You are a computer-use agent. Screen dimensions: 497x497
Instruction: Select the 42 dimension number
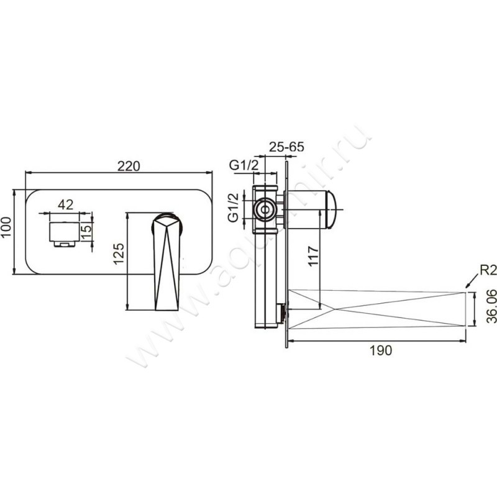[66, 204]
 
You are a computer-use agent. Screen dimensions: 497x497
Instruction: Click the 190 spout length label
[380, 350]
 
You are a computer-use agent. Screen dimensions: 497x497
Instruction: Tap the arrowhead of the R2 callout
[467, 288]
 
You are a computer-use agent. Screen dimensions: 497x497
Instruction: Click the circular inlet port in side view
[266, 209]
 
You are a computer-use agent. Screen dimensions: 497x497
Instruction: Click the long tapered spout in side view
[379, 309]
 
